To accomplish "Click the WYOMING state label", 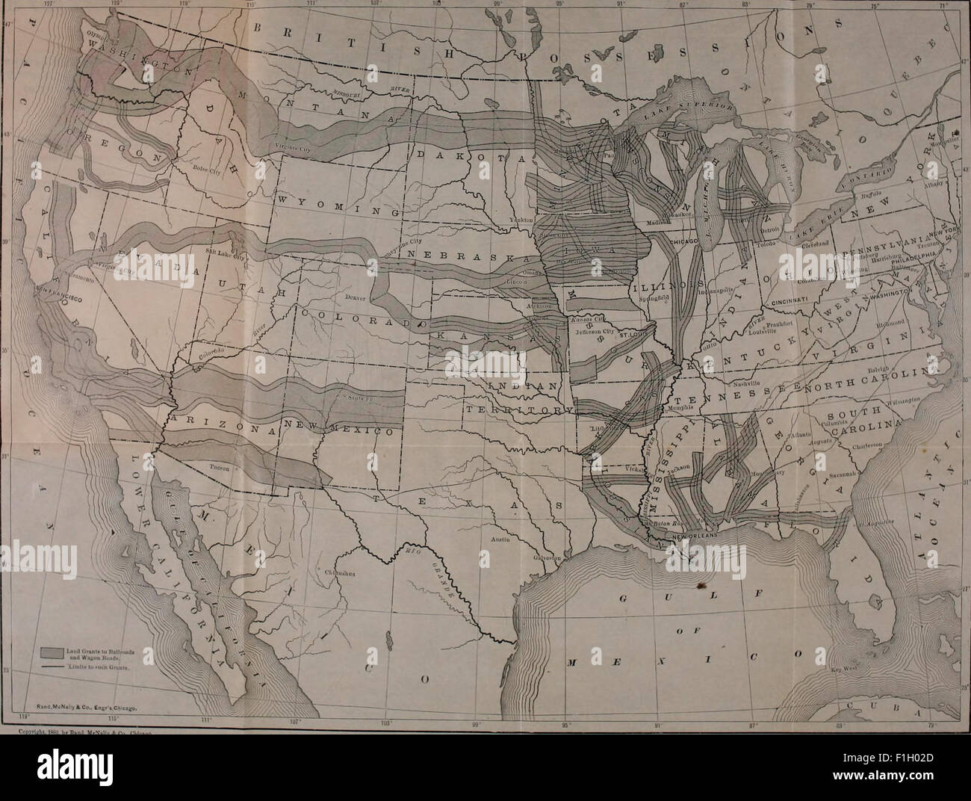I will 315,202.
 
